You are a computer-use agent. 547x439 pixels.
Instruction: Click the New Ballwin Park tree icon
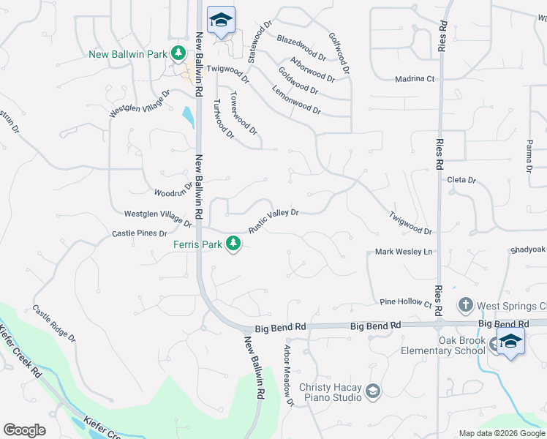(178, 53)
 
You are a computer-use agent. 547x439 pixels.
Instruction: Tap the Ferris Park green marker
(233, 244)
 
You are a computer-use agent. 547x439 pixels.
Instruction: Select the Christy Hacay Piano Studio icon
(373, 391)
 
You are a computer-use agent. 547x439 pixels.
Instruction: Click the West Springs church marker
(465, 304)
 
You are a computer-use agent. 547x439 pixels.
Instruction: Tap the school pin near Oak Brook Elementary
(510, 342)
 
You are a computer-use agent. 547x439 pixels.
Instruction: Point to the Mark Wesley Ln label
(404, 252)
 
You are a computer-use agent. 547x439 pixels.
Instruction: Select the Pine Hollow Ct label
(406, 301)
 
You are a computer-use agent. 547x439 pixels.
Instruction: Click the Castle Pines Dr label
(140, 233)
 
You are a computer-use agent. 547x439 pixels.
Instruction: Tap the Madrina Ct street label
(415, 79)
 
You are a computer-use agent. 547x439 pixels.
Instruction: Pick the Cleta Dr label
(461, 180)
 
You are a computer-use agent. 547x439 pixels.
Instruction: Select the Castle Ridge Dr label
(53, 323)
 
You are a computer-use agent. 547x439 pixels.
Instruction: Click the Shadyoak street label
(529, 249)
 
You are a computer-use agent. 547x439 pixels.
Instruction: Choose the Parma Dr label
(530, 157)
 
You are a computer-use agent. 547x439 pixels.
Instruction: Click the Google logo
(24, 430)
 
